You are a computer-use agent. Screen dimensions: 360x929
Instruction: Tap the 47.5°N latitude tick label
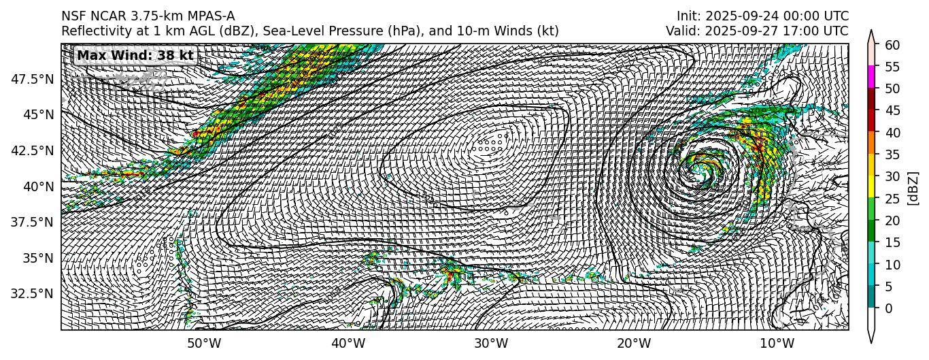point(33,79)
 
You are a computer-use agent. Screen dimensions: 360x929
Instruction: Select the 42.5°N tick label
point(33,150)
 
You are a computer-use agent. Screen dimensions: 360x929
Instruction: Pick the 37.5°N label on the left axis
point(33,222)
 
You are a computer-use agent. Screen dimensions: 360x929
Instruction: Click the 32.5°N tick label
point(33,294)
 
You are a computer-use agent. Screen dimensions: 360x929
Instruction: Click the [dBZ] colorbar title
point(913,187)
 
